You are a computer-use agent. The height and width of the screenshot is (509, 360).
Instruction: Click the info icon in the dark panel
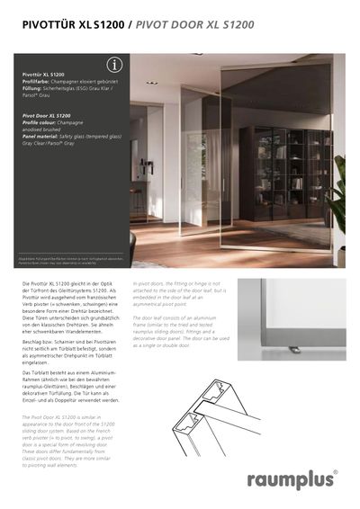114,65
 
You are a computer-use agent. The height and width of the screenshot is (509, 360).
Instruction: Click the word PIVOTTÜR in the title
49,26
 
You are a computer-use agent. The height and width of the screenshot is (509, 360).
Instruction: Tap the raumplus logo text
289,478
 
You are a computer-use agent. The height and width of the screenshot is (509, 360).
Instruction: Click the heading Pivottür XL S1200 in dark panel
43,75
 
